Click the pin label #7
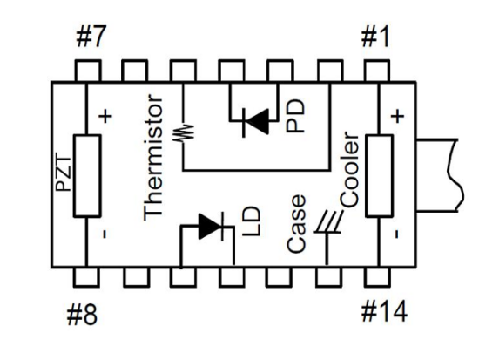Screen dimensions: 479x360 tap(91, 37)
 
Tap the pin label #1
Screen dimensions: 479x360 tap(375, 37)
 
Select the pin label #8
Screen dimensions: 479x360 tap(82, 314)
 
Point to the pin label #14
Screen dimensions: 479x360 tap(384, 311)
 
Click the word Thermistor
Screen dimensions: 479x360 tap(152, 157)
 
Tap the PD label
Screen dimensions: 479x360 tap(295, 115)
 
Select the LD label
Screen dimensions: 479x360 tap(252, 221)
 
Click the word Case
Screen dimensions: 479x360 tap(296, 224)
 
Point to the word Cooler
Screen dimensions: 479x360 tap(349, 169)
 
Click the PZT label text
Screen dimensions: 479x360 tap(64, 173)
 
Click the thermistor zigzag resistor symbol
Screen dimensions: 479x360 tap(183, 132)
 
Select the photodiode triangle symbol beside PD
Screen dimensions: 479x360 tap(256, 122)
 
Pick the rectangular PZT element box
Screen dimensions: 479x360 tap(87, 176)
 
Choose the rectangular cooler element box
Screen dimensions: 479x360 tap(379, 176)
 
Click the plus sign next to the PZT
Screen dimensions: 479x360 tap(105, 116)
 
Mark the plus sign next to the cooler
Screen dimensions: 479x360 tap(397, 116)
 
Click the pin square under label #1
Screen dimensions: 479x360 tap(376, 71)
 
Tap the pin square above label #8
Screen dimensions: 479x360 tap(86, 277)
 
